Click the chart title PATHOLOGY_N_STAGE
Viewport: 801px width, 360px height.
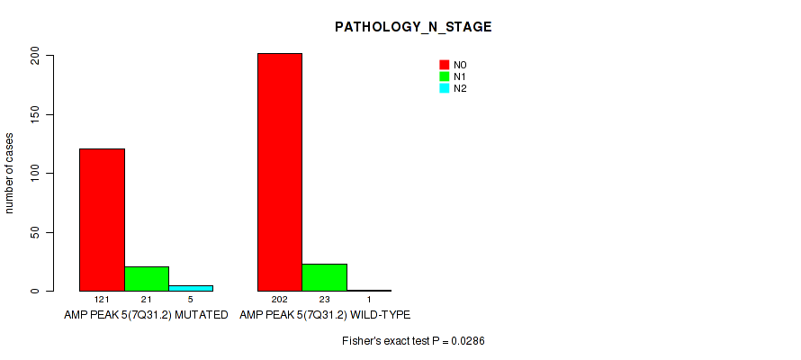[413, 28]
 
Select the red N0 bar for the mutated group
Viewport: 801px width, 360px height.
[103, 220]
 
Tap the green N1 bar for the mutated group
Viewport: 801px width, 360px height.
[147, 279]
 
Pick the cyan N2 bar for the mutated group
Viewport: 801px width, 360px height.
[191, 289]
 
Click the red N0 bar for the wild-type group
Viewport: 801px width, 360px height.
[280, 172]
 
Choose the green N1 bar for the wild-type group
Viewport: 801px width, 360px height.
[324, 277]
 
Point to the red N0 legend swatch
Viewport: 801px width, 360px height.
[445, 65]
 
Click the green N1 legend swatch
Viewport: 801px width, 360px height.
[445, 76]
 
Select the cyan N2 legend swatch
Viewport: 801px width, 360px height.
[445, 88]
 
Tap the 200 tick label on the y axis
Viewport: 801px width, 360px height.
[35, 56]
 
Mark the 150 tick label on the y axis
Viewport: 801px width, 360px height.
[35, 115]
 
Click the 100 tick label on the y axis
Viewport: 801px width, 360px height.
[35, 174]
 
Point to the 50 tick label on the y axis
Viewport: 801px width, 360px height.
[35, 233]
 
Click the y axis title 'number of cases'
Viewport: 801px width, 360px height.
[10, 173]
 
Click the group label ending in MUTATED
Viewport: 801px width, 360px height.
[146, 315]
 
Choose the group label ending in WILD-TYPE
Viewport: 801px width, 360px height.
[325, 315]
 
